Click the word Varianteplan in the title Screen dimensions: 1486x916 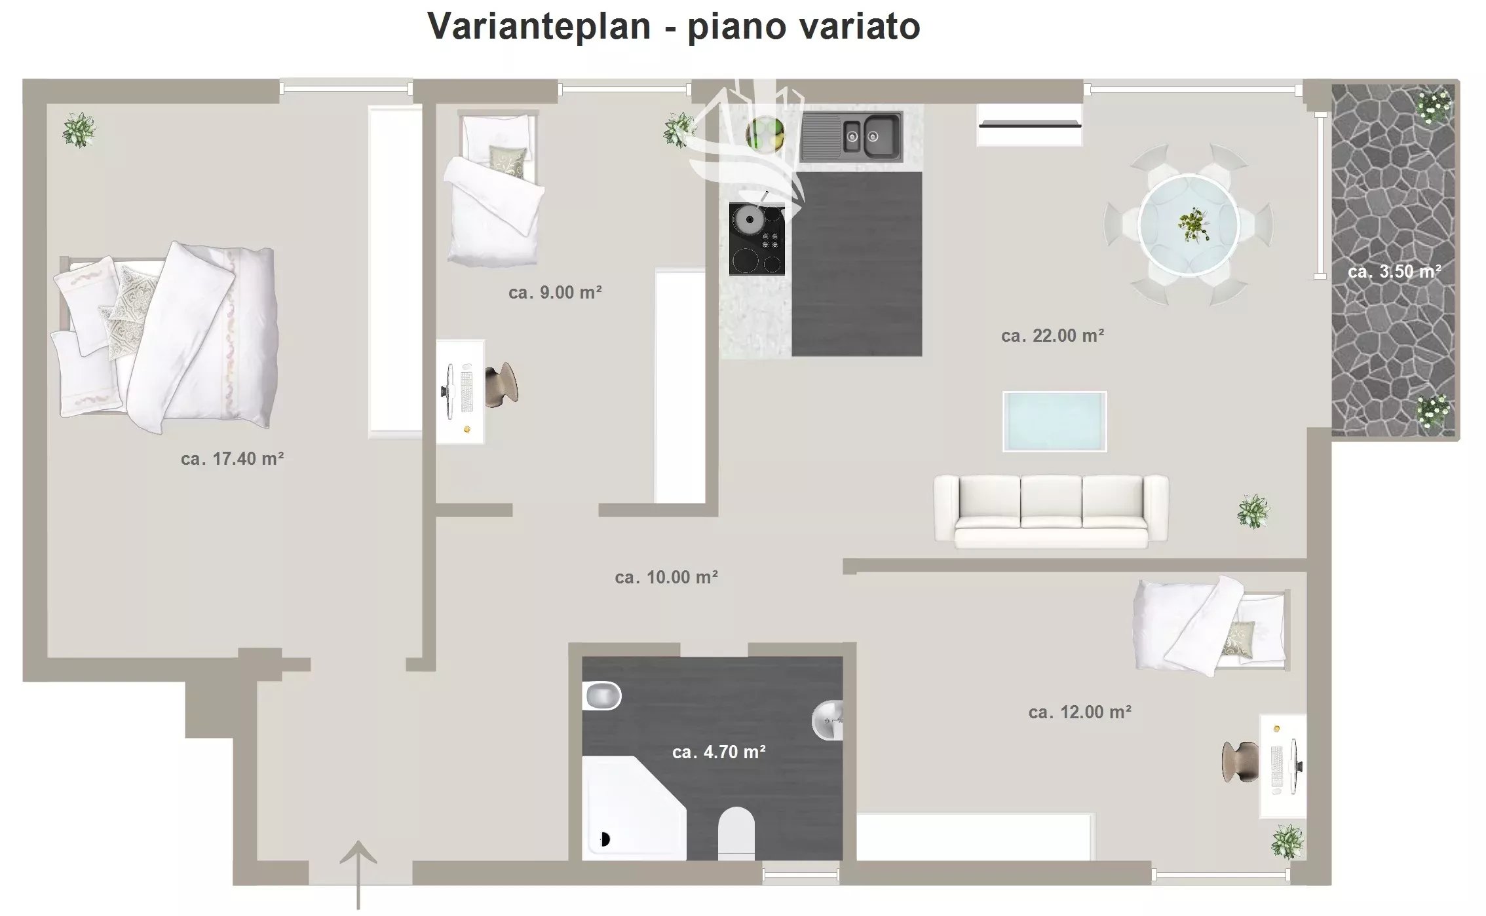click(x=539, y=27)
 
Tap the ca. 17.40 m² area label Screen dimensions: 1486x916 click(x=232, y=458)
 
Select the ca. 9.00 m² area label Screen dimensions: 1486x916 click(x=555, y=292)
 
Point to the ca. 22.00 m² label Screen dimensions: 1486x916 click(x=1052, y=335)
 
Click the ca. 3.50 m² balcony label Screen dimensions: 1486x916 click(x=1394, y=271)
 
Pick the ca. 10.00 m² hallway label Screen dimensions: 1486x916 click(x=666, y=577)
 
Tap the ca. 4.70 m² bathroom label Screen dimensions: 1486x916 click(x=719, y=752)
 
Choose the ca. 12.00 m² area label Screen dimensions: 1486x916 click(x=1080, y=712)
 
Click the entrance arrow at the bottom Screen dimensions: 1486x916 click(x=358, y=875)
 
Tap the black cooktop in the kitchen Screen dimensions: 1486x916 click(x=757, y=239)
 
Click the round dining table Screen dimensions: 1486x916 click(x=1189, y=225)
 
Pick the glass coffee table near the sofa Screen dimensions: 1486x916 click(x=1054, y=422)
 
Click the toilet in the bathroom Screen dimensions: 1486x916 click(x=736, y=834)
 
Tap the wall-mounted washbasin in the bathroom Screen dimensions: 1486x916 click(x=828, y=720)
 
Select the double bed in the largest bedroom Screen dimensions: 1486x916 click(x=165, y=337)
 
